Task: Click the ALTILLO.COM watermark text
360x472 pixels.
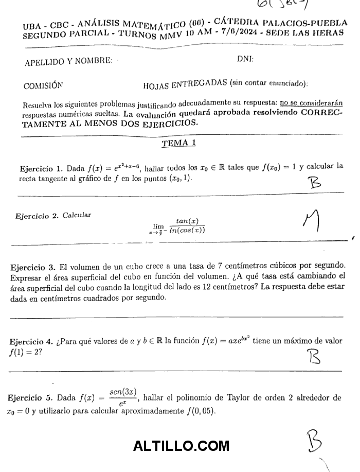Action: tap(181, 446)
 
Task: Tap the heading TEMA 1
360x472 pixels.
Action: tap(178, 144)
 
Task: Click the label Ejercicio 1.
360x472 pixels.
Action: tap(41, 169)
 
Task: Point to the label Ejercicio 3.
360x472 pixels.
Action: tap(33, 267)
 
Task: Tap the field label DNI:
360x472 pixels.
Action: tap(245, 59)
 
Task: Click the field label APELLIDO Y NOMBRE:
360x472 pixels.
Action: tap(68, 62)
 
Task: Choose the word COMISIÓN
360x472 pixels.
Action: tap(43, 85)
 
